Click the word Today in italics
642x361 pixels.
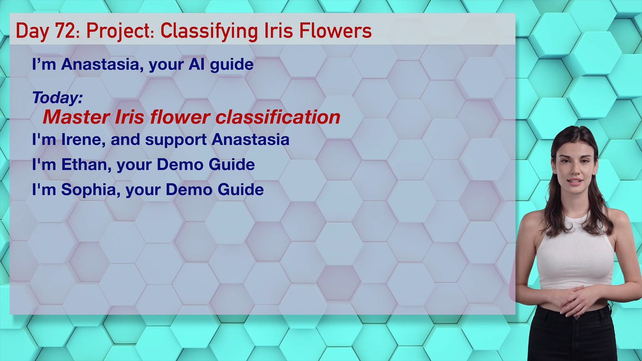tap(57, 97)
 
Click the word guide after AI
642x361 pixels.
tap(231, 65)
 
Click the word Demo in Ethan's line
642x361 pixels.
tap(180, 164)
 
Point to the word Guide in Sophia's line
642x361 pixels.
tap(240, 190)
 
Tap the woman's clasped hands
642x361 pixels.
tap(576, 298)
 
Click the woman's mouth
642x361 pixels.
tap(575, 182)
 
